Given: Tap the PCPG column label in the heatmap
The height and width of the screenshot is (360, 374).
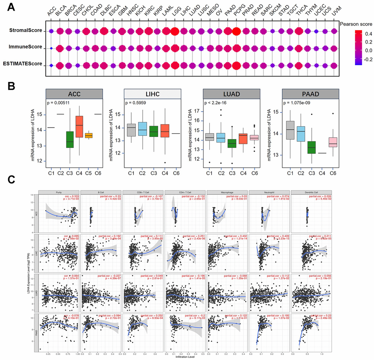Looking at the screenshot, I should [237, 12].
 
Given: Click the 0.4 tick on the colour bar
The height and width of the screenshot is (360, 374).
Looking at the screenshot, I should [368, 33].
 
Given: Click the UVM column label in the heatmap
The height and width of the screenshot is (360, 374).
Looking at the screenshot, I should [334, 12].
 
